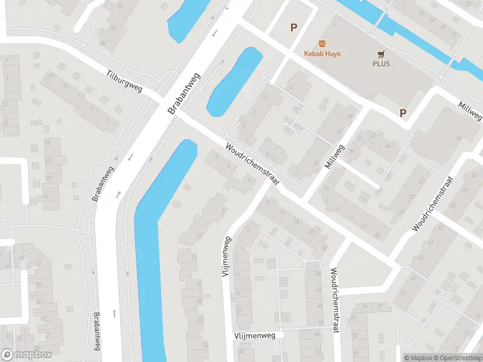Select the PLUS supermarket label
click(381, 64)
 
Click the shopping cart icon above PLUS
click(381, 54)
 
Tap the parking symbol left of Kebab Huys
click(294, 27)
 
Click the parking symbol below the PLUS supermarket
click(403, 113)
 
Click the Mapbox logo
click(26, 355)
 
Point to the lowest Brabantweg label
click(97, 332)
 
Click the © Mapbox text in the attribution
click(418, 358)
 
